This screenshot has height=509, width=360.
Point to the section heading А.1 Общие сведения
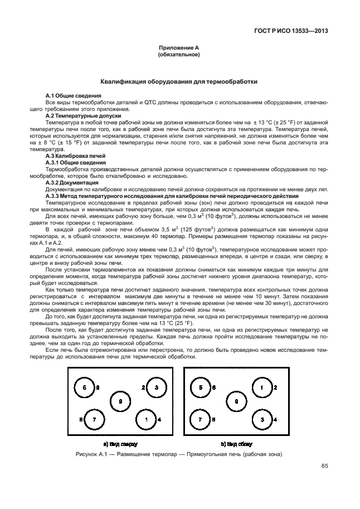(72, 96)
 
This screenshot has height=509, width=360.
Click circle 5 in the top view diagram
(85, 387)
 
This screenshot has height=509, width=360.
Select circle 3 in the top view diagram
(157, 387)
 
